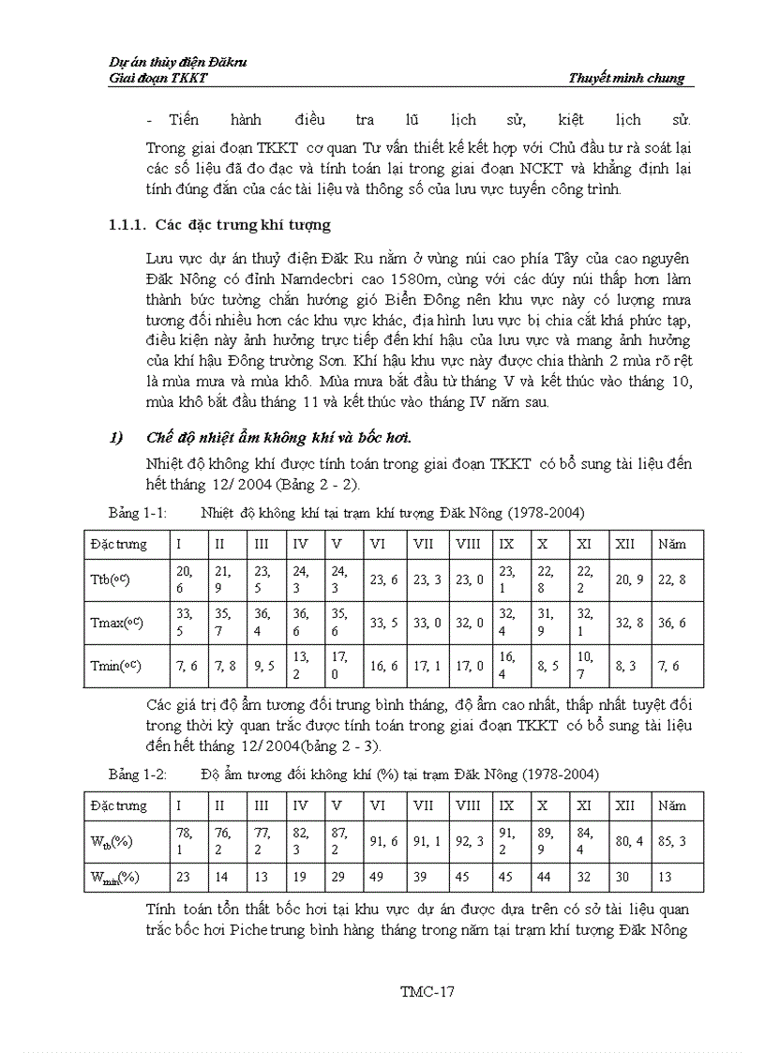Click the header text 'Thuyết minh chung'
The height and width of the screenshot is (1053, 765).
626,79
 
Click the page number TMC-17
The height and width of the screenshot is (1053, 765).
427,991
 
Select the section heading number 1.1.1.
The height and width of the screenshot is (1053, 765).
127,225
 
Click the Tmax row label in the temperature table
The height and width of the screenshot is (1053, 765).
112,623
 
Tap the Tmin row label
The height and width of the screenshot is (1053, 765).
110,666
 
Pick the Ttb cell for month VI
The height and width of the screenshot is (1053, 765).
383,580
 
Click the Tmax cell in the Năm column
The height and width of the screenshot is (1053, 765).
671,623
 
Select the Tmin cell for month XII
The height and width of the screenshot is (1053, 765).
626,666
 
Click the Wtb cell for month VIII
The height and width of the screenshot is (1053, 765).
470,841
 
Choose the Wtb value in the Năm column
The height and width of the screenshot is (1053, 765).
671,841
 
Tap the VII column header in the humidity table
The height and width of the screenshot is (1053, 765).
424,805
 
